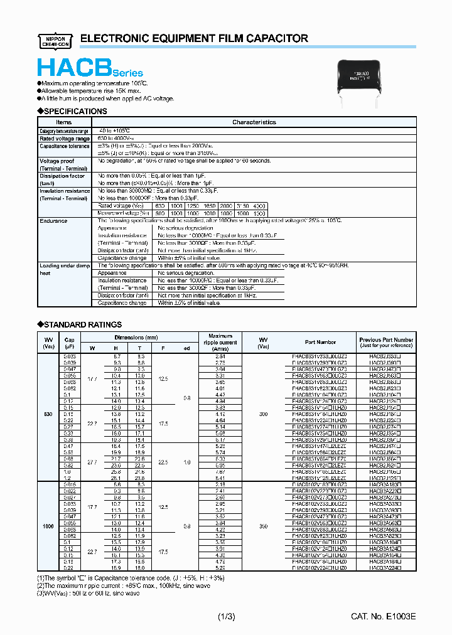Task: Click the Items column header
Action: [64, 122]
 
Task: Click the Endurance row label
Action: [53, 221]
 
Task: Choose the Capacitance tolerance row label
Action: [64, 146]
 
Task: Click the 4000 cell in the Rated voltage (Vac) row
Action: [259, 206]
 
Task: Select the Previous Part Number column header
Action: [386, 343]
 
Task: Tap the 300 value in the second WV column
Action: [263, 414]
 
